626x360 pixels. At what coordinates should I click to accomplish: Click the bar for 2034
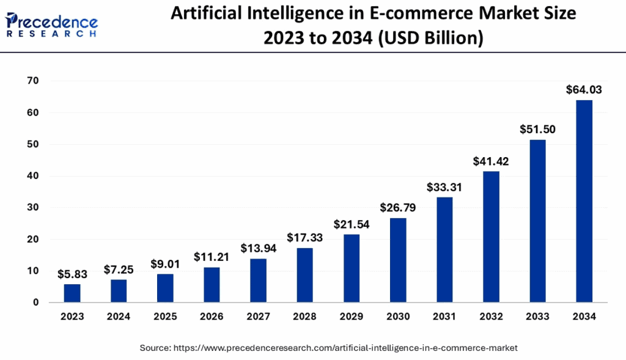[x=584, y=201]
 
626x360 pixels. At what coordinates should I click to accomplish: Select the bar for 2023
[x=72, y=293]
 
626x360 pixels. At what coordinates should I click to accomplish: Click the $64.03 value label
[x=584, y=90]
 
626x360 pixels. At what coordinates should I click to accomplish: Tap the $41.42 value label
[x=491, y=161]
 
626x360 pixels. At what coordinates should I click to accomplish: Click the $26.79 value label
[x=398, y=207]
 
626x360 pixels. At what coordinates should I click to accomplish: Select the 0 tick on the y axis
[x=36, y=303]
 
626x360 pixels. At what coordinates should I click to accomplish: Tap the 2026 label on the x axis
[x=212, y=317]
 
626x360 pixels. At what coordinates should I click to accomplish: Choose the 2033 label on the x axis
[x=537, y=317]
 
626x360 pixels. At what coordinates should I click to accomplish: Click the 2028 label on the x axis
[x=304, y=317]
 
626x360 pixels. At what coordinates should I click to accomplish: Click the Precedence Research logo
[x=51, y=24]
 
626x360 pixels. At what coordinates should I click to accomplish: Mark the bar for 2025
[x=165, y=288]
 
